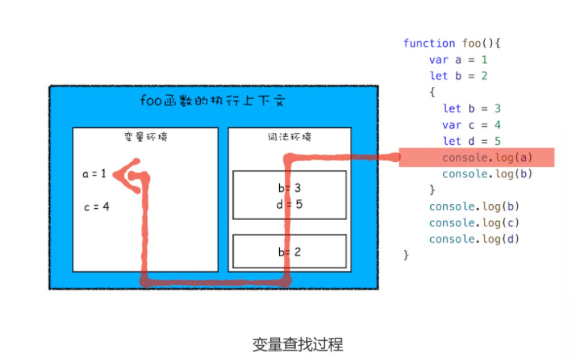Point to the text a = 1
pos(93,173)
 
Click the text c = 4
pos(96,207)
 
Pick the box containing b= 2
pos(289,252)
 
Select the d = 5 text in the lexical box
pos(289,203)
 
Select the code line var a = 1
pos(459,60)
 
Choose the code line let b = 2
pos(458,76)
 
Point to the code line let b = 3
pos(471,108)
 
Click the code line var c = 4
pos(472,125)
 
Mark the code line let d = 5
pos(471,141)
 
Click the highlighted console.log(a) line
pos(487,157)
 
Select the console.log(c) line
pos(474,222)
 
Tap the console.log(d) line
pos(474,238)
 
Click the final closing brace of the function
pos(407,255)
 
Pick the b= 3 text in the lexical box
pos(289,188)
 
